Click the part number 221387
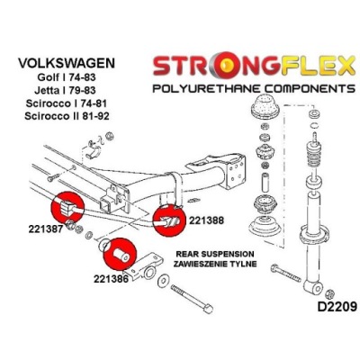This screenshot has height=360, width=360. (x=46, y=229)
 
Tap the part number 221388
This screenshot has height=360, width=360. (x=206, y=220)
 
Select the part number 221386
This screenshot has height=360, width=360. (x=111, y=279)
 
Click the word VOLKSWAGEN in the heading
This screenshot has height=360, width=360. (x=67, y=63)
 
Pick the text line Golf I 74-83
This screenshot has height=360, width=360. (x=67, y=77)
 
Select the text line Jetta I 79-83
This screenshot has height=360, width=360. (x=65, y=90)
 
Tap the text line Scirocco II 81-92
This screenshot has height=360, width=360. (x=67, y=116)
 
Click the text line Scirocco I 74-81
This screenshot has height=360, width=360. (x=67, y=103)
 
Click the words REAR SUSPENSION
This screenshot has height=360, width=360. (x=215, y=254)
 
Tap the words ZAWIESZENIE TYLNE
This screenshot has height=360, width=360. (x=215, y=264)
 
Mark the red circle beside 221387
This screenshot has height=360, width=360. (x=67, y=207)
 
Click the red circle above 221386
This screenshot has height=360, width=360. (x=120, y=255)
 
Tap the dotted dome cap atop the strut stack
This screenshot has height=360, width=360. (x=265, y=107)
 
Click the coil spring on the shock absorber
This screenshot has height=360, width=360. (x=314, y=155)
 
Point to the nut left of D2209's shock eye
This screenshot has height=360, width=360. (x=329, y=293)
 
